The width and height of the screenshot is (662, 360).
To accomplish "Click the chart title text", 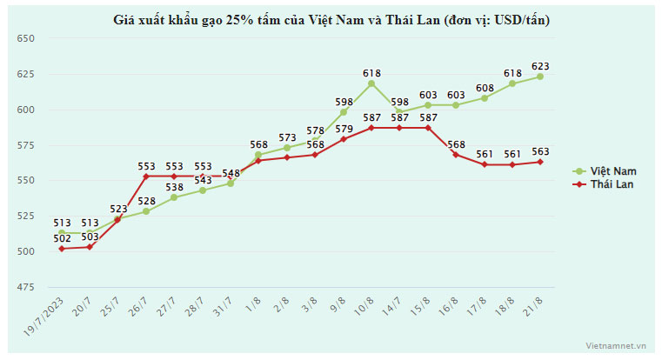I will coord(331,18).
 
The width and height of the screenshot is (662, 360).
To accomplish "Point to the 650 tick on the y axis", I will coord(24,38).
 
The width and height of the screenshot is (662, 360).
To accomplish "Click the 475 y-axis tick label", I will coord(24,287).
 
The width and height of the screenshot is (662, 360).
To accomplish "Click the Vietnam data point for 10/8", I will coord(371,83).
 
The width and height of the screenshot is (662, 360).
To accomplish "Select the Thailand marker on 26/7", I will coord(146,177).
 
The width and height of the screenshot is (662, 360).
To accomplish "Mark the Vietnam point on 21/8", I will coord(540,77).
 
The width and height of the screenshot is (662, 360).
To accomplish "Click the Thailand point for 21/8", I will coord(540,162).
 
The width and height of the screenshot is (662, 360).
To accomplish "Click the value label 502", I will coord(61,238).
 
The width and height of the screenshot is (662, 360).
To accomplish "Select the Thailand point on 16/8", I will coord(456,154).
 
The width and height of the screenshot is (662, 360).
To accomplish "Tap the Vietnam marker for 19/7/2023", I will coord(62,232).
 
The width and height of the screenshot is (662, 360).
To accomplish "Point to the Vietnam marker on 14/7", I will coord(399,112).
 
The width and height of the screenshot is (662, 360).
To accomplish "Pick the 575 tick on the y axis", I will coord(24,145).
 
